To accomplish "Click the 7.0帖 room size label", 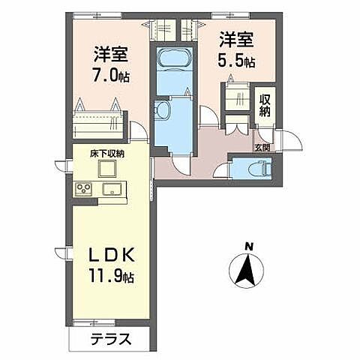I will (110, 75).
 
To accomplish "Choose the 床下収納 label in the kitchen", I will (107, 154).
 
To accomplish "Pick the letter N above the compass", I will (249, 245).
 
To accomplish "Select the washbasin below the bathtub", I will (163, 110).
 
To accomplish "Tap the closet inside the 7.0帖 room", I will (97, 120).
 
